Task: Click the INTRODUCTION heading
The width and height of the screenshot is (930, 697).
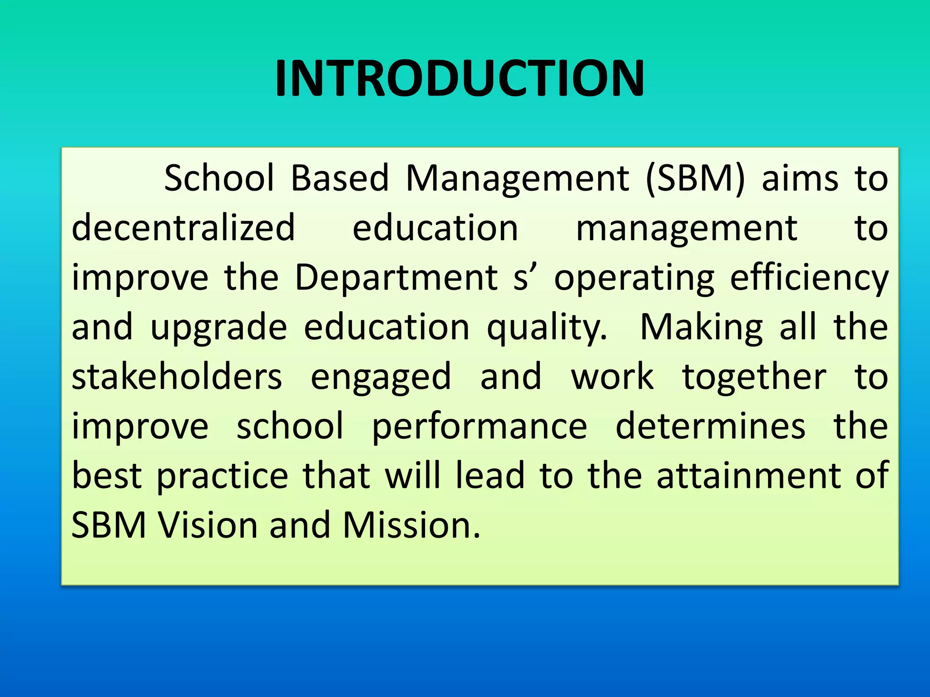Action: click(460, 79)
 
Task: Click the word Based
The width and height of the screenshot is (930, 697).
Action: click(340, 178)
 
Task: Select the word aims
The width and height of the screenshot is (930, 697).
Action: click(800, 178)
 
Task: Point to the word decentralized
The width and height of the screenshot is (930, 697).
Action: click(183, 228)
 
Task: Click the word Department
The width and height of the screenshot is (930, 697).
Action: click(396, 277)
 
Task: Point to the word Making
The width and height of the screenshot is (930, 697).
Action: click(702, 328)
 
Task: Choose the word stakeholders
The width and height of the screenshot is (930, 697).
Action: click(177, 377)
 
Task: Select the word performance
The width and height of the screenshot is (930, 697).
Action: click(480, 427)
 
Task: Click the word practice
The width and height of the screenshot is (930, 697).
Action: click(223, 477)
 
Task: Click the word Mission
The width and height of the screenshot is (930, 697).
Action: click(411, 525)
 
